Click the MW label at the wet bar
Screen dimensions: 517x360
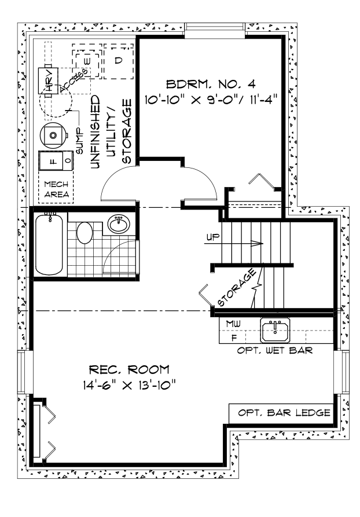point(233,322)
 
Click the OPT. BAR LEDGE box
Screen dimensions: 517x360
point(282,413)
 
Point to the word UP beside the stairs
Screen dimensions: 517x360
point(212,237)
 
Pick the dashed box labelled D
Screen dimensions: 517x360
point(118,61)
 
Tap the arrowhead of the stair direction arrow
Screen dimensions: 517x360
point(260,243)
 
